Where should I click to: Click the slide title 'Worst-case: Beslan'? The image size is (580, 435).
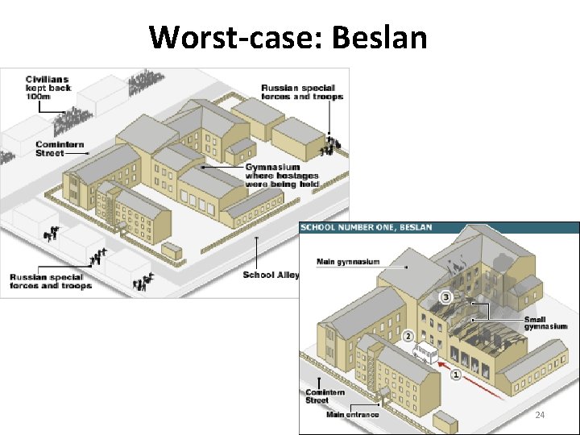pyautogui.click(x=288, y=36)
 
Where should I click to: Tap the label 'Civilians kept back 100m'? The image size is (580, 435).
pyautogui.click(x=48, y=88)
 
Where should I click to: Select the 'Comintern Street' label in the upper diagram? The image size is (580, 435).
pyautogui.click(x=60, y=149)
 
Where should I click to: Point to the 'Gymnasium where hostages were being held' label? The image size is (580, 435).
pyautogui.click(x=282, y=176)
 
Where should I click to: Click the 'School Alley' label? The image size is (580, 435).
pyautogui.click(x=271, y=275)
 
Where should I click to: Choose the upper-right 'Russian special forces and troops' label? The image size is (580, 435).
pyautogui.click(x=302, y=92)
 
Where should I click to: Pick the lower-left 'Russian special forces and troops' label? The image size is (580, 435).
pyautogui.click(x=51, y=281)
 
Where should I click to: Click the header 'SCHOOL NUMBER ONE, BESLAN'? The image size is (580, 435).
pyautogui.click(x=367, y=228)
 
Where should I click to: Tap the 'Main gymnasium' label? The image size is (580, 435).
pyautogui.click(x=349, y=262)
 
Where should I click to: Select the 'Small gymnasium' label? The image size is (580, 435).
pyautogui.click(x=536, y=324)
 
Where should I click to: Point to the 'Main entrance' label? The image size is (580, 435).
pyautogui.click(x=353, y=416)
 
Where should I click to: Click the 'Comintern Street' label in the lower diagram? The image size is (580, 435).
pyautogui.click(x=325, y=396)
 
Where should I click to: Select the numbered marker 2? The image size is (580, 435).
pyautogui.click(x=408, y=336)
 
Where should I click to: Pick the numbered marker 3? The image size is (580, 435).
pyautogui.click(x=445, y=297)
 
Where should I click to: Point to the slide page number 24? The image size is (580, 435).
pyautogui.click(x=540, y=415)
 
